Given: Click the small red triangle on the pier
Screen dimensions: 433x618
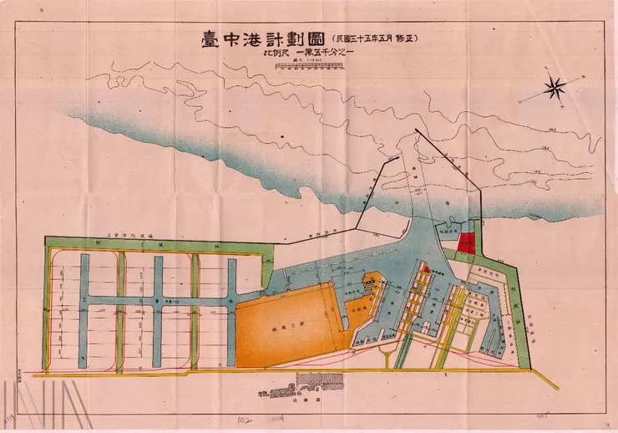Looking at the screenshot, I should (x=424, y=269).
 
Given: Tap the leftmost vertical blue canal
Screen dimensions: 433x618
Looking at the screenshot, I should (x=84, y=313).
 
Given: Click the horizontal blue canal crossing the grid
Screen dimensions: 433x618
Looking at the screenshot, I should (x=159, y=299).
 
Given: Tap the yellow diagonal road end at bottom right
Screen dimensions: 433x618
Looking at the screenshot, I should (x=551, y=383).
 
